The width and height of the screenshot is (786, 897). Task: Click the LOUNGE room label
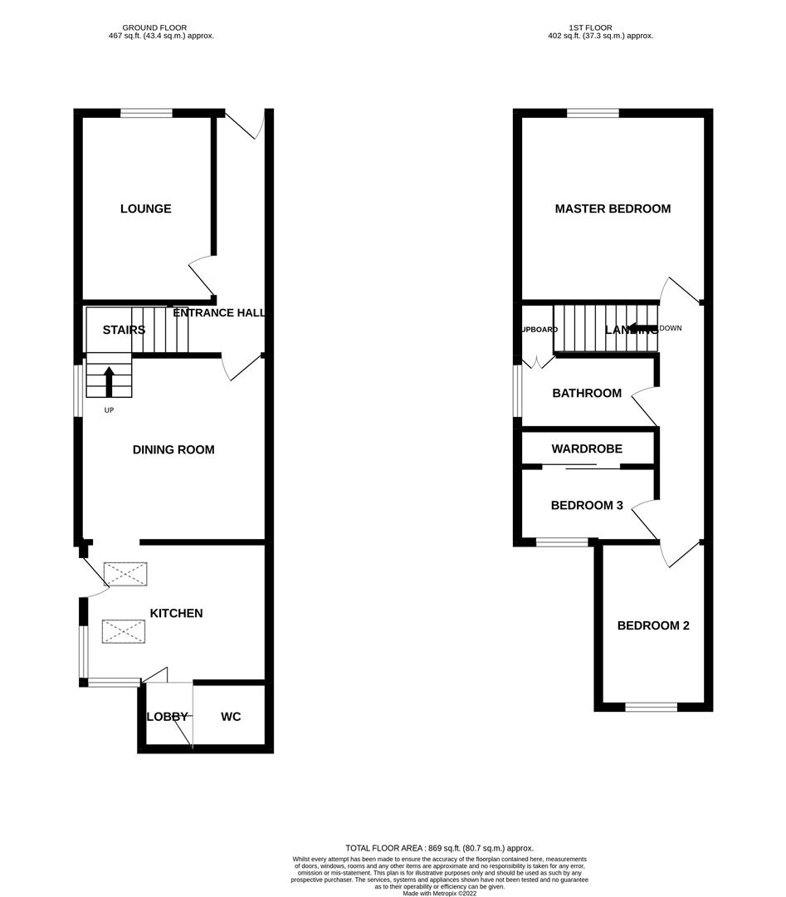tap(145, 208)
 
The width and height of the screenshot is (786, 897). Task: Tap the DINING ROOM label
tap(173, 449)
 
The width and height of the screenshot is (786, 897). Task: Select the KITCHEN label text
tap(176, 613)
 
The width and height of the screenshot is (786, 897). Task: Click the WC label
tap(231, 716)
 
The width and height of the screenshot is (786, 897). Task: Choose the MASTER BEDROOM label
tap(613, 208)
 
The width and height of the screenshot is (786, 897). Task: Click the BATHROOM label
tap(587, 393)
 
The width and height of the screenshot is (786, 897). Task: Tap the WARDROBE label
tap(587, 448)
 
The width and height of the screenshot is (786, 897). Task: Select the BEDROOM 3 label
tap(587, 504)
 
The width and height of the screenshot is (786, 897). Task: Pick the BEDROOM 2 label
tap(653, 625)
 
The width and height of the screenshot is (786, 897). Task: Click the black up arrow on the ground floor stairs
tap(109, 381)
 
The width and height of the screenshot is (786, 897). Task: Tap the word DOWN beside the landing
tap(670, 328)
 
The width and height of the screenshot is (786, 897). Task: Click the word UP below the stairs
tap(109, 410)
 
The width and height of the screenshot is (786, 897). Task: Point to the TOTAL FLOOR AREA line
tap(439, 847)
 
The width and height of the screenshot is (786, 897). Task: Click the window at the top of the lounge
tap(146, 113)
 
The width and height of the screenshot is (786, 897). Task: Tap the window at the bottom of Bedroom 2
tap(651, 707)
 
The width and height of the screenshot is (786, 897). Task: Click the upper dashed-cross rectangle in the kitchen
tap(125, 574)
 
